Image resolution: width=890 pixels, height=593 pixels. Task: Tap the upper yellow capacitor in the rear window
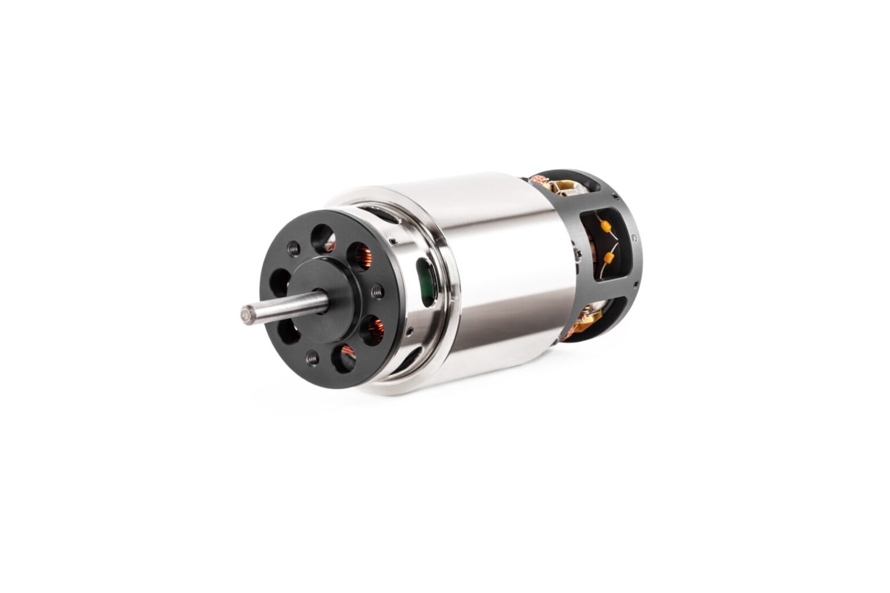coord(606,226)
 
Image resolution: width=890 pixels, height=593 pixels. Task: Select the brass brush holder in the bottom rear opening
coord(590,316)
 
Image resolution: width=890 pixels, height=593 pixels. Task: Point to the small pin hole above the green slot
coord(394,242)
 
